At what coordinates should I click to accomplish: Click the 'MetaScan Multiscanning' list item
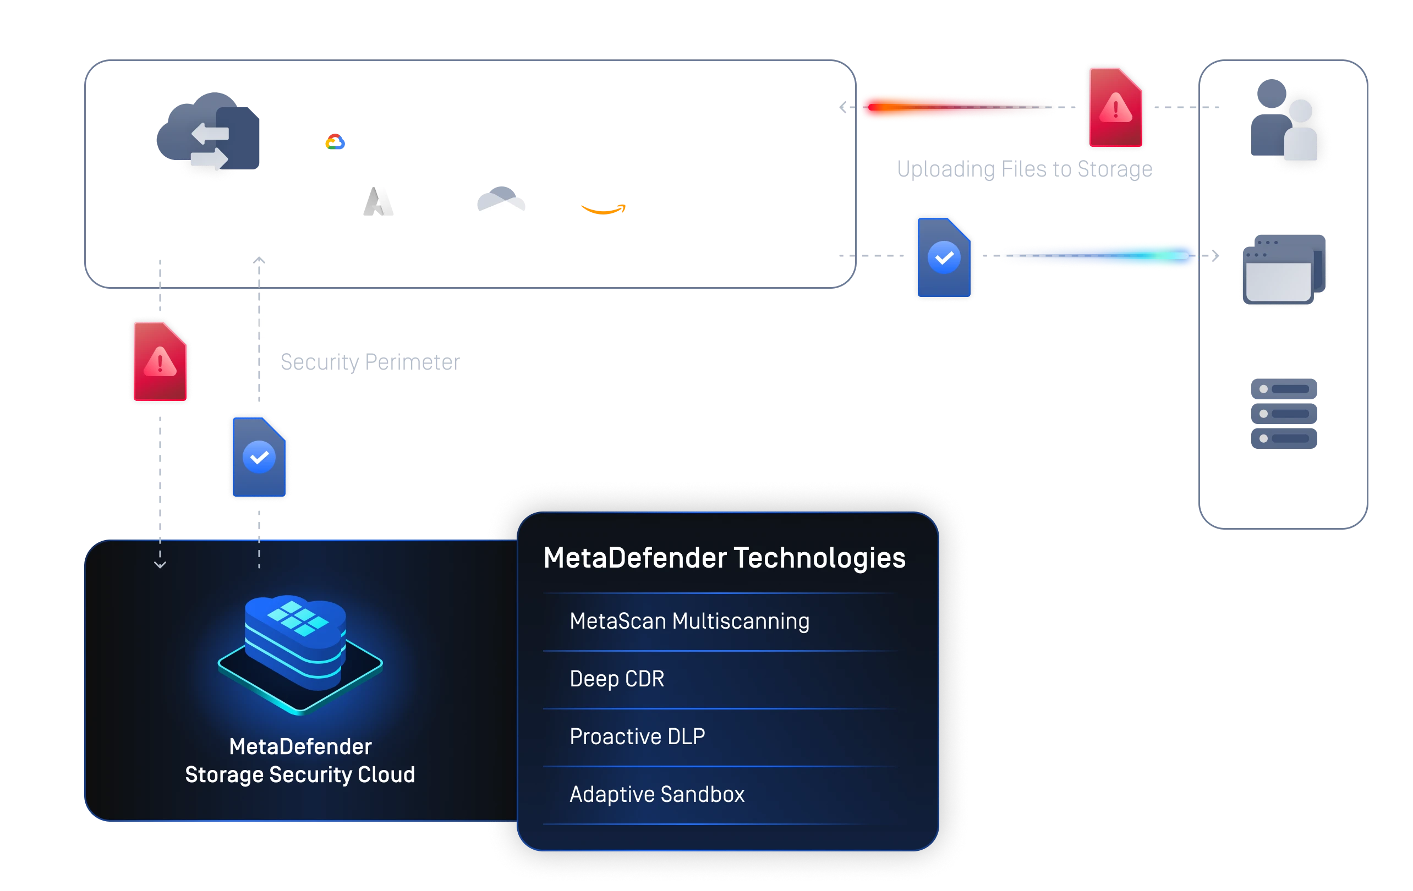[x=689, y=621]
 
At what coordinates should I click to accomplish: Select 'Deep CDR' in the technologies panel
[x=617, y=679]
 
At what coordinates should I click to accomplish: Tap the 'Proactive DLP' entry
[x=637, y=736]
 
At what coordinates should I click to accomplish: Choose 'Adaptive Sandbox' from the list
[x=656, y=794]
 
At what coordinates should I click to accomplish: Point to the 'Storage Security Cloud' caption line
[x=300, y=775]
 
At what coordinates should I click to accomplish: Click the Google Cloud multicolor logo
[x=335, y=141]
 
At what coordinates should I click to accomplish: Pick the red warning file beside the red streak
[x=1115, y=107]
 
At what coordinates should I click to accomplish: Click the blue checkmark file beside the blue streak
[x=944, y=258]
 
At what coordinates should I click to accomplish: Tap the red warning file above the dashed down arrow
[x=160, y=361]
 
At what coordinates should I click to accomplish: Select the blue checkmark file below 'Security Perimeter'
[x=259, y=457]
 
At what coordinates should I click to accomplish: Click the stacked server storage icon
[x=1284, y=414]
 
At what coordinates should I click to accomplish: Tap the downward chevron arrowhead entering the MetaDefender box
[x=160, y=564]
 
